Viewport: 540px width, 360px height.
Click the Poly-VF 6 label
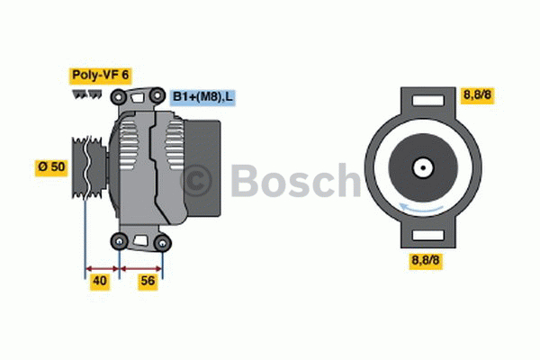pos(100,76)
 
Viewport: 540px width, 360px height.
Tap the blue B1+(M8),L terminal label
pos(202,97)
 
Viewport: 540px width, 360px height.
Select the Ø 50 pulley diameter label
pos(51,167)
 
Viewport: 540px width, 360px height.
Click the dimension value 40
pos(100,281)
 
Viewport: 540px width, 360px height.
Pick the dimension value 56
pos(148,281)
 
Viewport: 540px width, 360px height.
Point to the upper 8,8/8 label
pos(477,94)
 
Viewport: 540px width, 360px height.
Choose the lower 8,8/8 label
pos(426,260)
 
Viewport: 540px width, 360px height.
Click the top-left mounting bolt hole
pos(119,97)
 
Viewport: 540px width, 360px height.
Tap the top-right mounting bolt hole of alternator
pos(157,95)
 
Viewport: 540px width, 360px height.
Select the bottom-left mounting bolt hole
pos(120,241)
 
